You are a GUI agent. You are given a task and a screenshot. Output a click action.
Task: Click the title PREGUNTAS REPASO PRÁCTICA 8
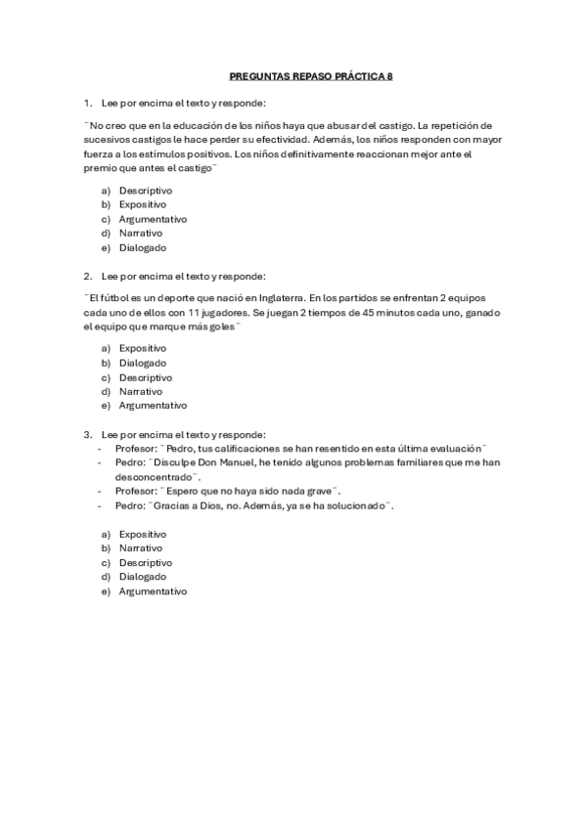[x=309, y=74]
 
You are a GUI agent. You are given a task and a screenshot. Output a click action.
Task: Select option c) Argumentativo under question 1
[x=153, y=219]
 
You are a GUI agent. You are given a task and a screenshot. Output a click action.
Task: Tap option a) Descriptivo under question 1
[x=146, y=190]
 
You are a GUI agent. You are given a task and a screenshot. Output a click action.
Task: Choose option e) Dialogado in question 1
[x=143, y=248]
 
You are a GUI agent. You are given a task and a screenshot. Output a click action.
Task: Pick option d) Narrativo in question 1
[x=141, y=234]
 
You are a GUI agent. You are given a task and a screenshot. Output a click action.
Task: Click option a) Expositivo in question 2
[x=143, y=348]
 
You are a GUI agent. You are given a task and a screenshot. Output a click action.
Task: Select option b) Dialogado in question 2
[x=143, y=363]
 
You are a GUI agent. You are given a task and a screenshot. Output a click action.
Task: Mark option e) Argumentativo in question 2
[x=153, y=406]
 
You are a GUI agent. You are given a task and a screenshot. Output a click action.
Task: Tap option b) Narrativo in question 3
[x=141, y=548]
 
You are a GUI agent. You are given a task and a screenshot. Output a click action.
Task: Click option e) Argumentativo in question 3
[x=153, y=591]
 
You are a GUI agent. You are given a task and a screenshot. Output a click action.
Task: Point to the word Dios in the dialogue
[x=211, y=505]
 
